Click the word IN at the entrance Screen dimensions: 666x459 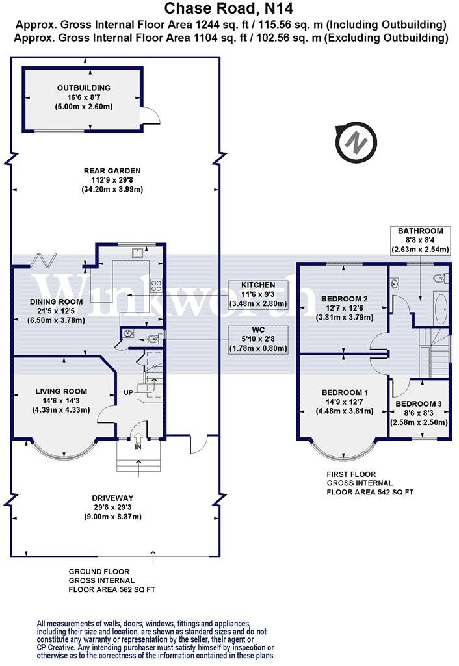(x=138, y=448)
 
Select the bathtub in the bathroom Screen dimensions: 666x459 (x=439, y=311)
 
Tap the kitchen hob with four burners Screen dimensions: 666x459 (x=157, y=283)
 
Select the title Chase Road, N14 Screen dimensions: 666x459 (x=229, y=8)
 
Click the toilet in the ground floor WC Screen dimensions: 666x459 (x=151, y=336)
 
